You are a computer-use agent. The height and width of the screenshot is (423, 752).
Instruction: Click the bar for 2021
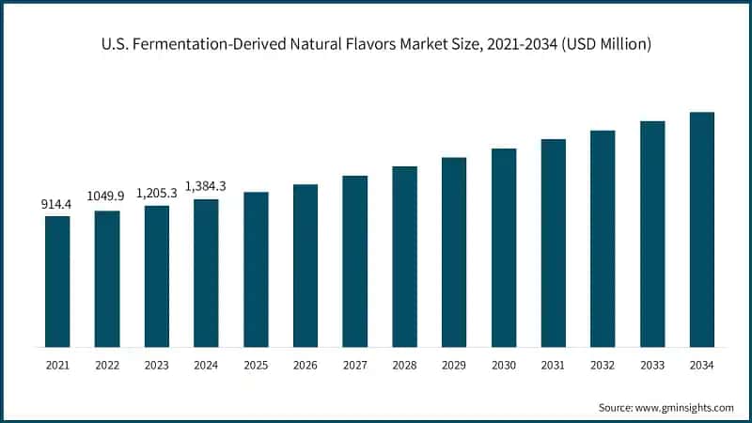(57, 281)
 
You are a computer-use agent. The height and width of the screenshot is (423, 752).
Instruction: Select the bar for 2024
(206, 273)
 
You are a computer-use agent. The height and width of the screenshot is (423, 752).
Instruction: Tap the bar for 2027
(354, 260)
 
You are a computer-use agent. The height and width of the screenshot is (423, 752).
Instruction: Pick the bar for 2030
(504, 247)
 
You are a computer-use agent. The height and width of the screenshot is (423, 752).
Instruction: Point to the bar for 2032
(603, 238)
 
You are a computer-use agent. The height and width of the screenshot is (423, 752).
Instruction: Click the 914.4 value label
(57, 204)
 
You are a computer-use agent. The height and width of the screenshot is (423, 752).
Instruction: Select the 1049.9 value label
(107, 196)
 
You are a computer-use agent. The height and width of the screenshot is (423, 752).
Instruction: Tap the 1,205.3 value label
(156, 192)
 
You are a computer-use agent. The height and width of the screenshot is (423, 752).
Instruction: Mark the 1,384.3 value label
(206, 186)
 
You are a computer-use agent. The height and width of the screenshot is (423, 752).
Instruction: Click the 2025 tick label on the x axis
(256, 363)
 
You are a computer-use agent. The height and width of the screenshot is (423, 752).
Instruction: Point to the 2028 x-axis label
(404, 363)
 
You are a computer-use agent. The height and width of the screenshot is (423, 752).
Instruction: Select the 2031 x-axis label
(554, 363)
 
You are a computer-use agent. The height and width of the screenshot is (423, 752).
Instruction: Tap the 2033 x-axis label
(652, 363)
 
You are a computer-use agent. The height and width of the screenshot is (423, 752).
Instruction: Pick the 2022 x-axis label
(107, 363)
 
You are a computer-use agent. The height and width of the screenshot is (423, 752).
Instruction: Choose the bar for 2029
(454, 252)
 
